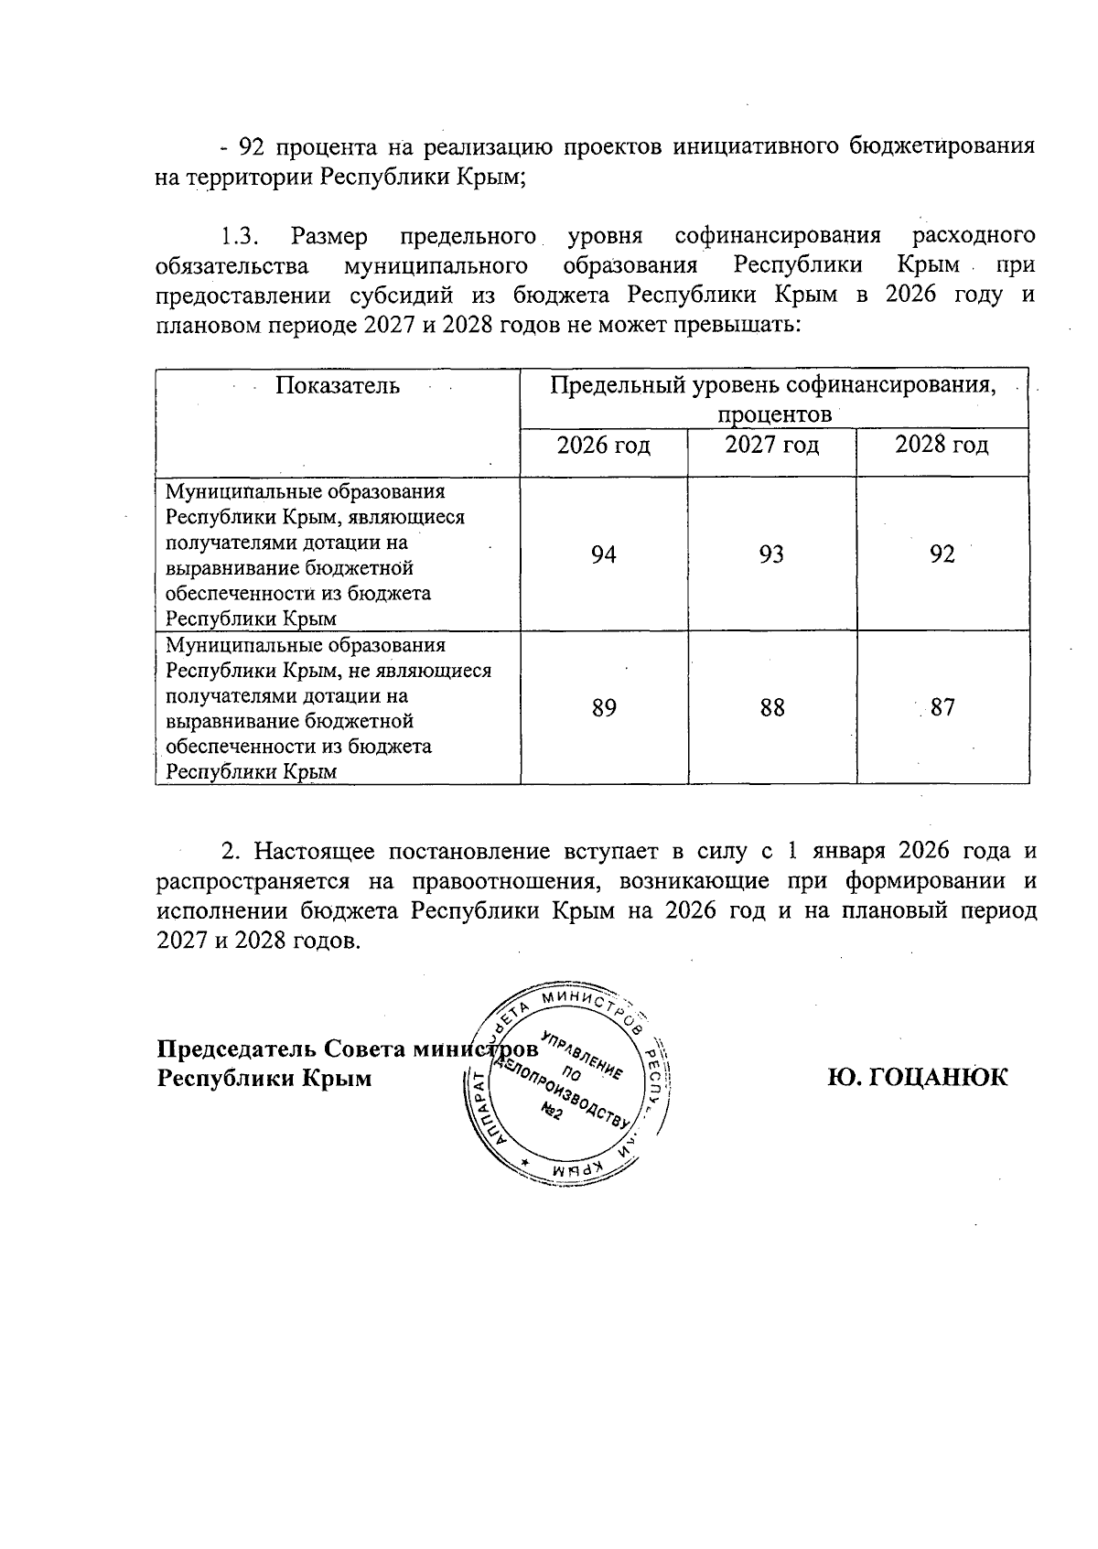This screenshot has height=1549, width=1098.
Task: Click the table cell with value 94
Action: coord(603,554)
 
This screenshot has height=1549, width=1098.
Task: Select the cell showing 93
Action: coord(771,554)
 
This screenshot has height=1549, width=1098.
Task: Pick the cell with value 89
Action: coord(603,707)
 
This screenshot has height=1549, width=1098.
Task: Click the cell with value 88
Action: coord(772,707)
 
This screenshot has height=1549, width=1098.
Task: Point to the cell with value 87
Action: coord(942,707)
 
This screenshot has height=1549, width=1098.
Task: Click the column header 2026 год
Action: coord(604,446)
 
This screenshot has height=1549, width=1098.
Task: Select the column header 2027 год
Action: coord(772,446)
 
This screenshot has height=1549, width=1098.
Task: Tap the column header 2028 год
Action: coord(942,446)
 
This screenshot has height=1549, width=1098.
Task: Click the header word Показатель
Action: coord(338,385)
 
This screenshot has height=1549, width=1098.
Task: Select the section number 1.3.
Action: coord(241,236)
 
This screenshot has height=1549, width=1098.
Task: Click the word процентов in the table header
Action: coord(774,414)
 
